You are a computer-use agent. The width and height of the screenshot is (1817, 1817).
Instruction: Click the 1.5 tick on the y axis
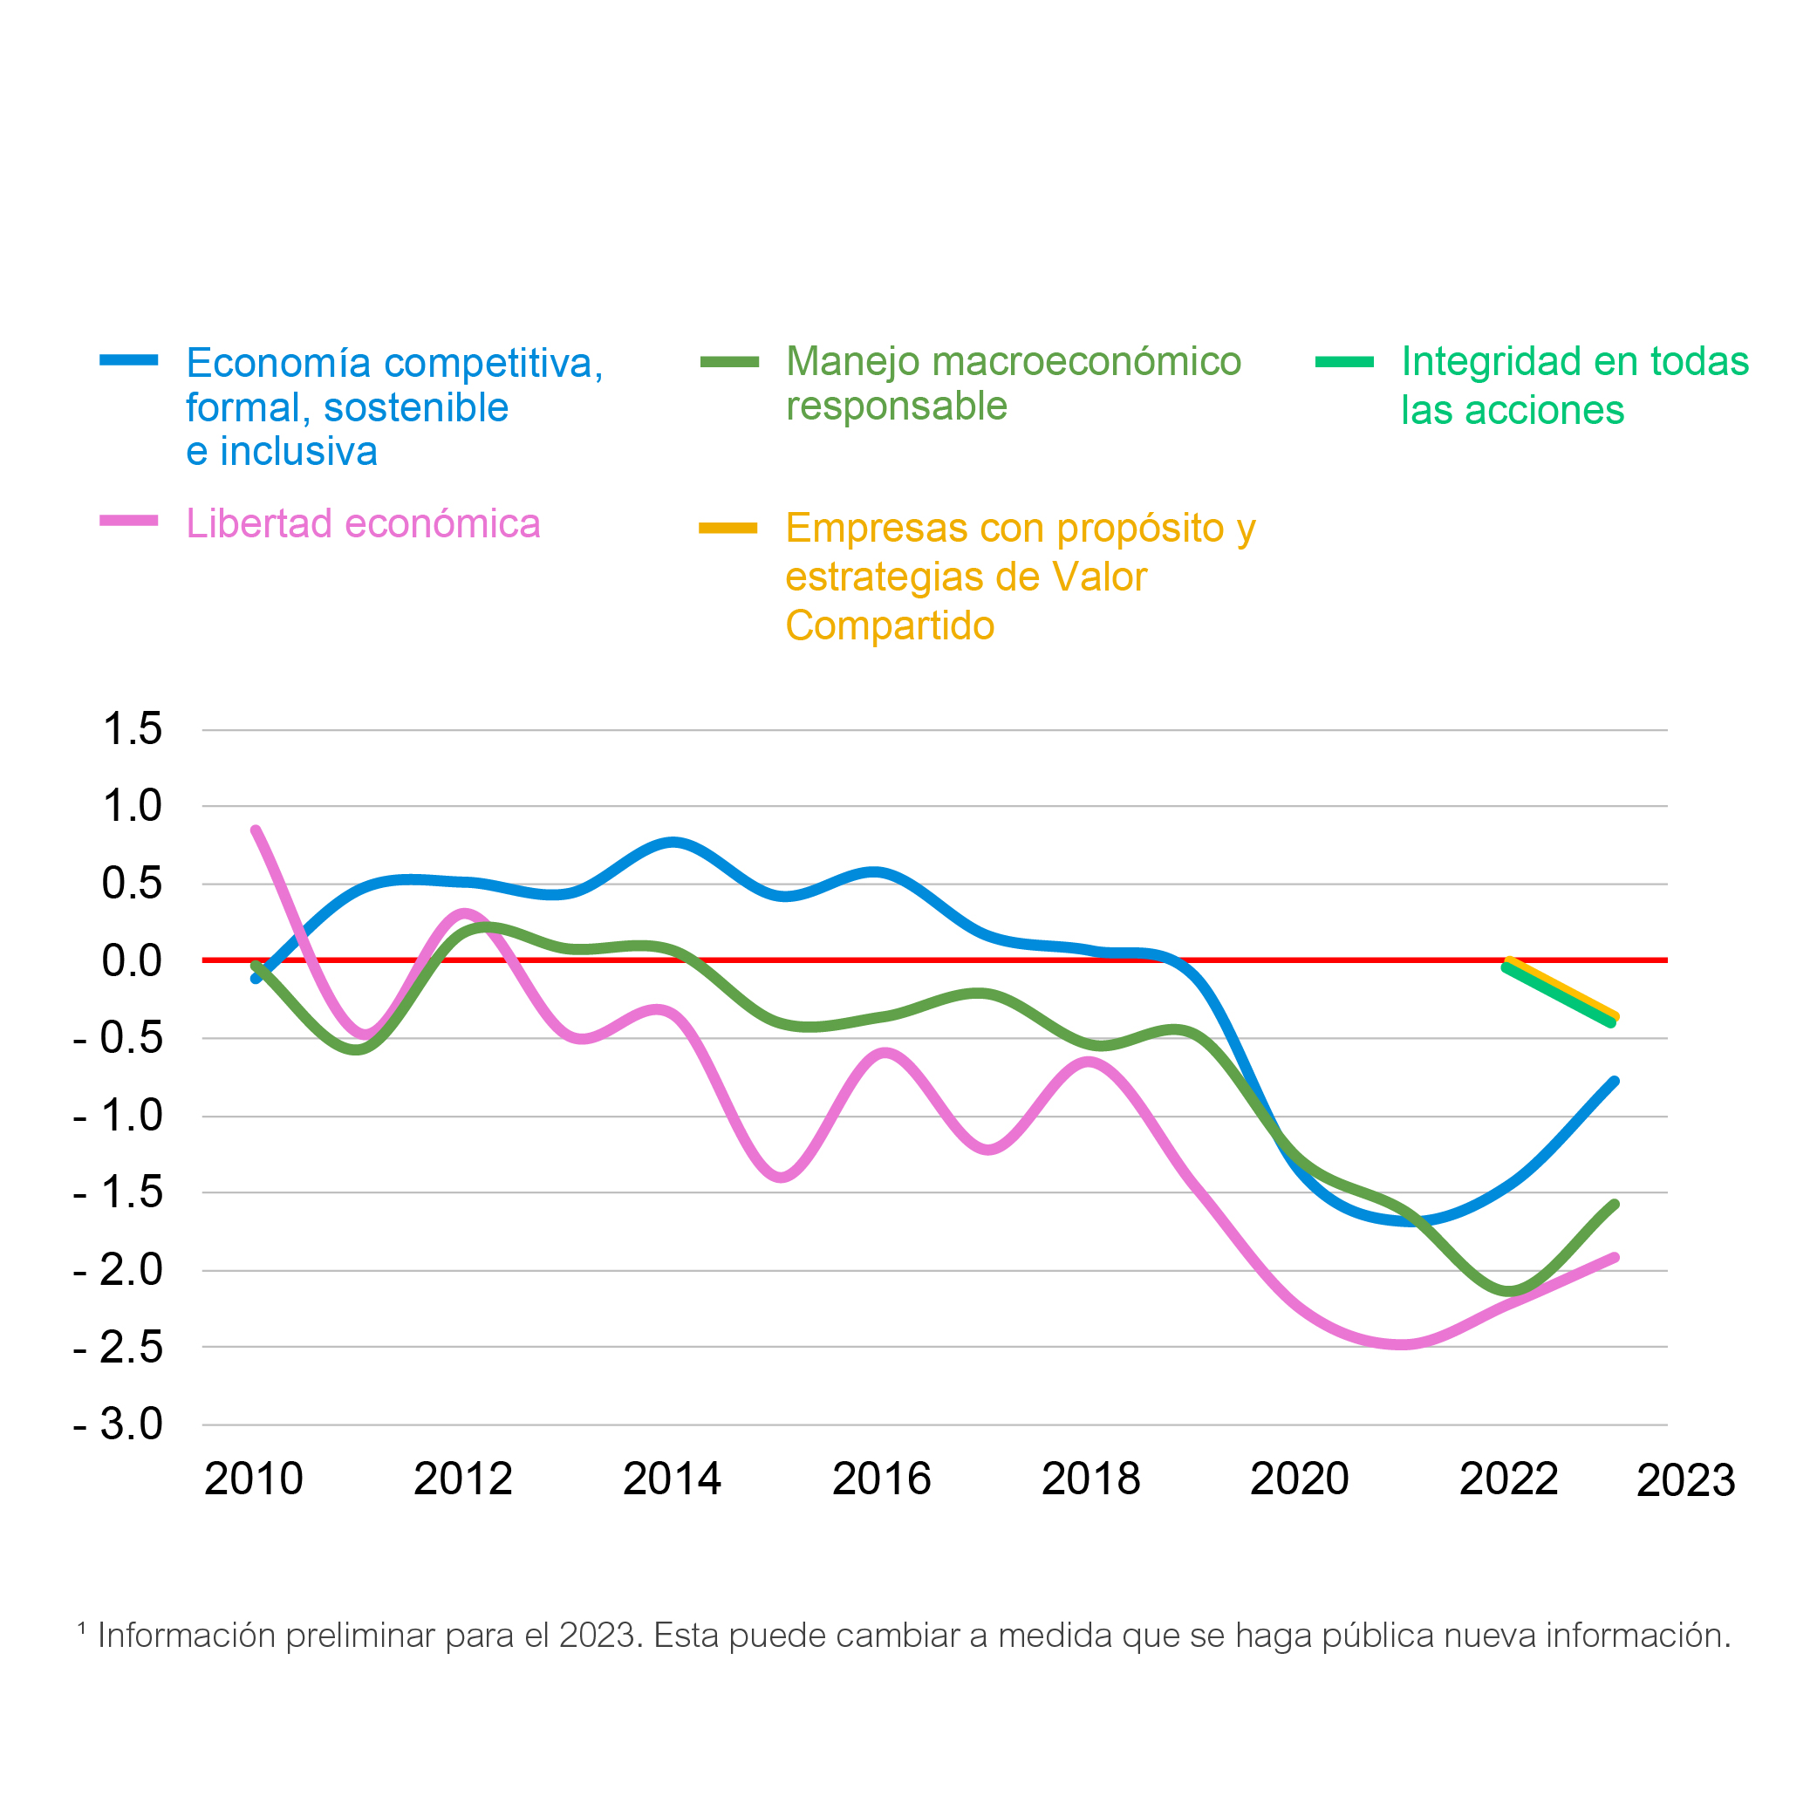(x=133, y=729)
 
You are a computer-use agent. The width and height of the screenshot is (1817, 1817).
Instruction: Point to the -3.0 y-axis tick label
(x=119, y=1424)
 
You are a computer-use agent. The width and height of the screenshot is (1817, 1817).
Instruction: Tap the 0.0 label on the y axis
(x=133, y=960)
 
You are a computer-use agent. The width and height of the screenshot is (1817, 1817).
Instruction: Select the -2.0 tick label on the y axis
(x=119, y=1270)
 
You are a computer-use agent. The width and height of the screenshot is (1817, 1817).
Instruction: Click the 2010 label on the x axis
(x=254, y=1479)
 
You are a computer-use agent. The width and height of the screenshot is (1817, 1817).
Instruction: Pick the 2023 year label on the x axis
(x=1686, y=1480)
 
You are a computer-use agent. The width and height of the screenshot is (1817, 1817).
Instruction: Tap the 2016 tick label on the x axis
(x=881, y=1479)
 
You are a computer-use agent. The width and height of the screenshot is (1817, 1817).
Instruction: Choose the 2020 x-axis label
(x=1300, y=1479)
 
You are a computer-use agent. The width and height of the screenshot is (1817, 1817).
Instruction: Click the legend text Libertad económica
(x=363, y=524)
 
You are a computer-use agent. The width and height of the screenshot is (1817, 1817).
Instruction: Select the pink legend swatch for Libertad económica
(x=129, y=521)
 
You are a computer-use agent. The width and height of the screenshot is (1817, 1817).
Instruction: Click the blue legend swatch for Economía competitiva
(x=129, y=360)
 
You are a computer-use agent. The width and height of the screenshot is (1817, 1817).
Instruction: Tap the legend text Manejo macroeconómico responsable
(x=1014, y=384)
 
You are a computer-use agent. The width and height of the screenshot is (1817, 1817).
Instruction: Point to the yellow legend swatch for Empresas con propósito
(x=727, y=529)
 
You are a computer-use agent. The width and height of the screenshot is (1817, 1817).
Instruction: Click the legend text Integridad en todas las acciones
(x=1575, y=386)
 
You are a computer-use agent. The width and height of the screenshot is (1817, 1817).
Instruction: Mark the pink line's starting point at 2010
(x=255, y=830)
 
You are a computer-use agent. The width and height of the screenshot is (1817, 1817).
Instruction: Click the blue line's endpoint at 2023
(x=1615, y=1082)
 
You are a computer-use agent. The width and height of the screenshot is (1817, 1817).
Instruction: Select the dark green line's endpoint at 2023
(x=1615, y=1205)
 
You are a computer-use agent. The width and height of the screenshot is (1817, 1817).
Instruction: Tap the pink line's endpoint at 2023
(x=1615, y=1257)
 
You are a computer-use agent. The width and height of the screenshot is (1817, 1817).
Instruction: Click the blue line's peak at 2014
(x=673, y=843)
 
